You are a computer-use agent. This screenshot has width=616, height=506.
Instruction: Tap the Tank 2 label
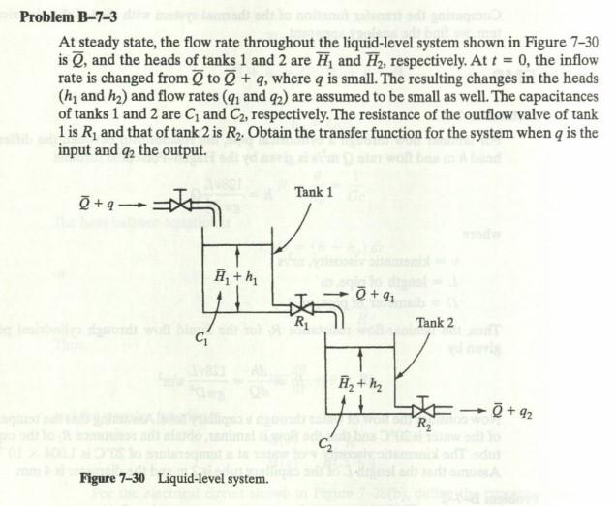click(434, 321)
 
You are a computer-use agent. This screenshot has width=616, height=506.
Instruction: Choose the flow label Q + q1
click(373, 292)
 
